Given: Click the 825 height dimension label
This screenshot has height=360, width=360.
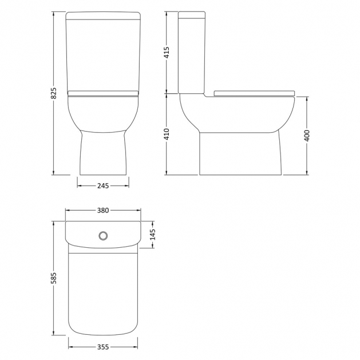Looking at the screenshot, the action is coord(53,93).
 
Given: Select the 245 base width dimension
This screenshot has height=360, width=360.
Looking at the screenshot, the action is coord(103,186).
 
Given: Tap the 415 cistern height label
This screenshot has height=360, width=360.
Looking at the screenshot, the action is coord(167,52).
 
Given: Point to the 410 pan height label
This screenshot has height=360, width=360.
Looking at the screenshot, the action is coord(167,134).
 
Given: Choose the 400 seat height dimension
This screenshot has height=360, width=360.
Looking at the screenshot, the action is coord(307,136).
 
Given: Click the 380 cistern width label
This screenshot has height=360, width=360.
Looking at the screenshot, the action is coord(103,210).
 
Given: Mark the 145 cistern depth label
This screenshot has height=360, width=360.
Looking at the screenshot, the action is coord(153,234).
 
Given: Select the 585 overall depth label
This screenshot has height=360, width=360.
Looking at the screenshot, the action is coord(53,278).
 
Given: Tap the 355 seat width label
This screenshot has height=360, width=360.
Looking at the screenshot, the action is coord(103,347).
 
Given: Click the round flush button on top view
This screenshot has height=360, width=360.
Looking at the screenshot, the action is coord(103,236).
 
